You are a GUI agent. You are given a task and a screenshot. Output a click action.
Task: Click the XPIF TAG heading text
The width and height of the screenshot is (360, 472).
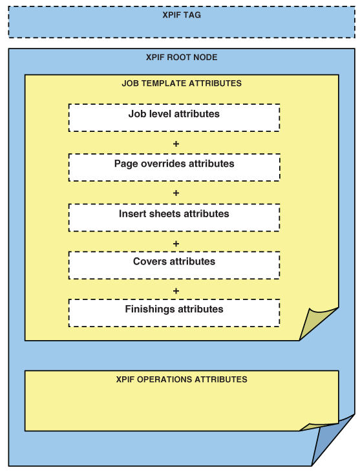[182, 15]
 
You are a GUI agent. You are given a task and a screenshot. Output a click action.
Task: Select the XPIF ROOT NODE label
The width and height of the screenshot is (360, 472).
[182, 57]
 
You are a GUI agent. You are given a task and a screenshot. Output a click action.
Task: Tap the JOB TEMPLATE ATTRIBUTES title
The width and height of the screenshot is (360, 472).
[182, 83]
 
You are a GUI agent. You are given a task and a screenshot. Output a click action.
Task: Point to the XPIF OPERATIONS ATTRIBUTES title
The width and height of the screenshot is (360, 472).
[182, 379]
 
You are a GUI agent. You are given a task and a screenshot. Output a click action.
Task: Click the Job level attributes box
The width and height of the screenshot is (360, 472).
[175, 118]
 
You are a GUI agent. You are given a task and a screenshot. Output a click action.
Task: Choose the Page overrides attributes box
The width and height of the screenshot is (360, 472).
[175, 167]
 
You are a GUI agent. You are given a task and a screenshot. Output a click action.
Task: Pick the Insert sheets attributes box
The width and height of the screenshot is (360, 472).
[175, 218]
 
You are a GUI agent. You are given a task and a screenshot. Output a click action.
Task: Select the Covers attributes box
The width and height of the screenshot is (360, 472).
[175, 265]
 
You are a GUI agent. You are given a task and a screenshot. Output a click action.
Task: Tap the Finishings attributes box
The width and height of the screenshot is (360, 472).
[175, 313]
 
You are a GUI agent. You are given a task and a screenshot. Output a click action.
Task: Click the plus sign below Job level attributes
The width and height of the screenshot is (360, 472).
[176, 144]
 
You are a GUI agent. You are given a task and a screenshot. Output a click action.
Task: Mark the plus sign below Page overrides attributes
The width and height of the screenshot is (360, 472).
[176, 193]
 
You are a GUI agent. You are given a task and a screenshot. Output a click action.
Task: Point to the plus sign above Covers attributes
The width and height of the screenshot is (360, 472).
[176, 244]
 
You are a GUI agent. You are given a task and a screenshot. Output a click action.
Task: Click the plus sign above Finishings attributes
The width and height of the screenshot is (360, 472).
[176, 291]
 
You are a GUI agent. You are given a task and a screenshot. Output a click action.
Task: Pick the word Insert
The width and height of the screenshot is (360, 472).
[131, 213]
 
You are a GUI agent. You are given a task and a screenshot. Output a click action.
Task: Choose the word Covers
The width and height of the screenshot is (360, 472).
[149, 261]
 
